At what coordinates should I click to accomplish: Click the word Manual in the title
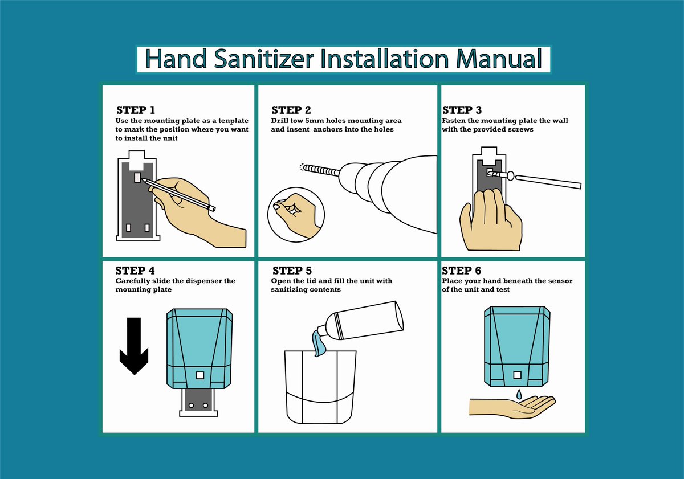pyautogui.click(x=499, y=58)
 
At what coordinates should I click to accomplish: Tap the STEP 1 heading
pyautogui.click(x=136, y=110)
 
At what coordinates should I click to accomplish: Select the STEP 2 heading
pyautogui.click(x=291, y=110)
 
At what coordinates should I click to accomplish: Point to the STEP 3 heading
pyautogui.click(x=462, y=110)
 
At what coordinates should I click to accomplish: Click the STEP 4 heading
pyautogui.click(x=135, y=271)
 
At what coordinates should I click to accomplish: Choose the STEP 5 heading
pyautogui.click(x=292, y=271)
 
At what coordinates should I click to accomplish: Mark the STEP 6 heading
pyautogui.click(x=461, y=271)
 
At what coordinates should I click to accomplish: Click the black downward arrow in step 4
pyautogui.click(x=134, y=346)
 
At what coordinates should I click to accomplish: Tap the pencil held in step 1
pyautogui.click(x=178, y=195)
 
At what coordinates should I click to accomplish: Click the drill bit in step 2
pyautogui.click(x=320, y=170)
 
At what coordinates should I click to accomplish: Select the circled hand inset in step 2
pyautogui.click(x=296, y=215)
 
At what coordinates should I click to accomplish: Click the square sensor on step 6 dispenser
pyautogui.click(x=518, y=375)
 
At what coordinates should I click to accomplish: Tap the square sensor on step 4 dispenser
pyautogui.click(x=200, y=375)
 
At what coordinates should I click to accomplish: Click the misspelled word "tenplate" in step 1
pyautogui.click(x=233, y=121)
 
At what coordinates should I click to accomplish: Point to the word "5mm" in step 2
pyautogui.click(x=315, y=121)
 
